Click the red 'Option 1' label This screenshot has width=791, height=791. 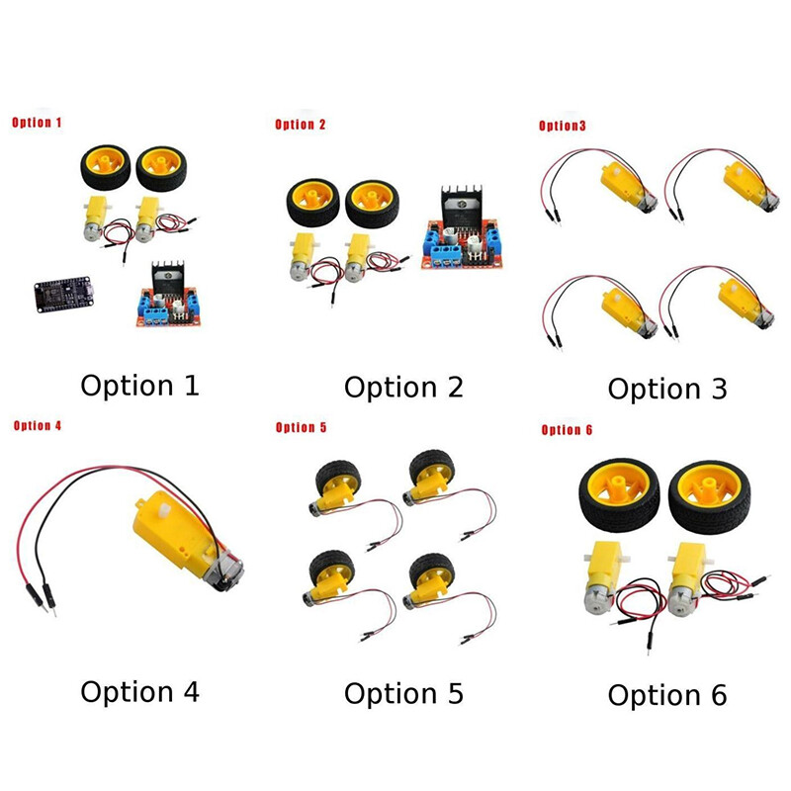tap(37, 124)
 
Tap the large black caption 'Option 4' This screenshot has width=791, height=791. tap(139, 691)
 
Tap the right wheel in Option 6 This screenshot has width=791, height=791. tap(710, 494)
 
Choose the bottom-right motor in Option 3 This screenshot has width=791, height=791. tap(741, 305)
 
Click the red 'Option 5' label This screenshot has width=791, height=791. tap(301, 427)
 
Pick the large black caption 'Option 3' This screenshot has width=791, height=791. tap(666, 389)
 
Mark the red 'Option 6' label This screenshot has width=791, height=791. tap(568, 430)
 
